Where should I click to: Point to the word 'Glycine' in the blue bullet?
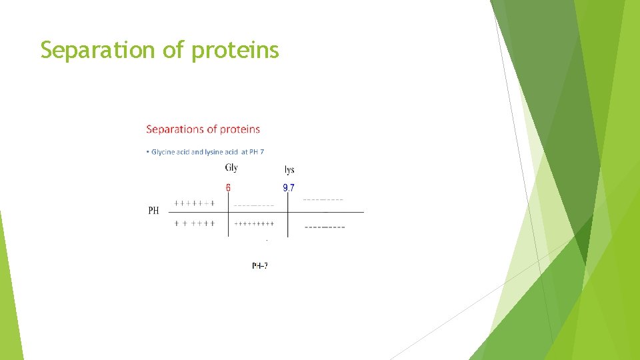click(x=163, y=152)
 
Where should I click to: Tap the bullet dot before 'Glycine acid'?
click(x=147, y=152)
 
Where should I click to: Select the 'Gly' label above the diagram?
click(x=231, y=168)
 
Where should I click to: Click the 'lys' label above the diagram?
click(x=289, y=170)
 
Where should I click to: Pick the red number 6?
click(x=228, y=188)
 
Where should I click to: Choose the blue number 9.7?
click(x=288, y=188)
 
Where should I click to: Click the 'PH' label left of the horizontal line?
click(x=153, y=211)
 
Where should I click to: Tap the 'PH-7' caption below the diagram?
click(x=260, y=265)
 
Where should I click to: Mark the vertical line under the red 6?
click(x=229, y=223)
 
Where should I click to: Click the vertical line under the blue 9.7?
click(x=288, y=223)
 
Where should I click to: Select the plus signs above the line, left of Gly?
click(x=194, y=203)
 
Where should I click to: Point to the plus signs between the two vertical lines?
click(x=254, y=224)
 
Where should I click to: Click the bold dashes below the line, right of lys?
click(x=325, y=227)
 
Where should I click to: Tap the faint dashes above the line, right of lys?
click(x=323, y=199)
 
